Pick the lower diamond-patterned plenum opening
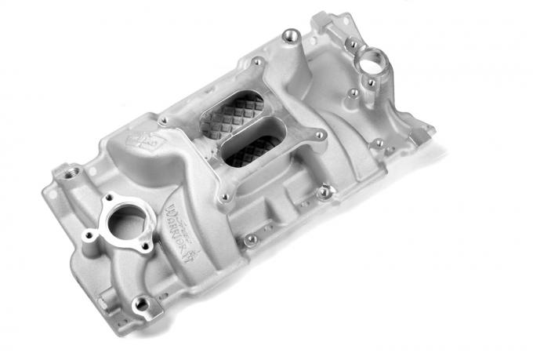coord(252,149)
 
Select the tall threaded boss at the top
coord(292,35)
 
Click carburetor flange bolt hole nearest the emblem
coord(163,122)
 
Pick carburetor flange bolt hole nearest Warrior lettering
coord(225,196)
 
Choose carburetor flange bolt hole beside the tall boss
coord(258,61)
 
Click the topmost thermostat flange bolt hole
coord(107,196)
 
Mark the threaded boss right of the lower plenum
coord(324,190)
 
